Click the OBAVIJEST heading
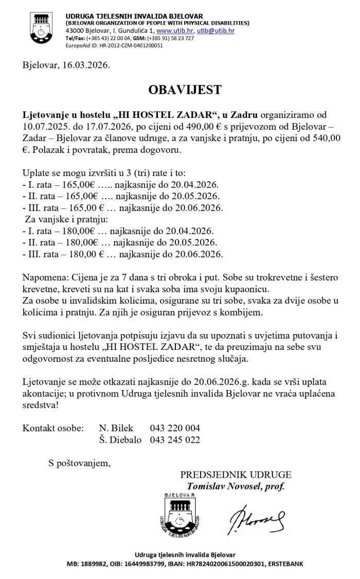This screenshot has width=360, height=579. pos(185,90)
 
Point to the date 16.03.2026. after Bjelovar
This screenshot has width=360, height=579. pos(86,65)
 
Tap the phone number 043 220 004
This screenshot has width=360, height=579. pos(175,428)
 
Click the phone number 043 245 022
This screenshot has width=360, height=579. pos(175,440)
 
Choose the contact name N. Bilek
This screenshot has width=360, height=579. pos(116,428)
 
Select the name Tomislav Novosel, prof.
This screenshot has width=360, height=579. pos(236,486)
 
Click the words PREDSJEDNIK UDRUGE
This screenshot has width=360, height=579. pos(236,475)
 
